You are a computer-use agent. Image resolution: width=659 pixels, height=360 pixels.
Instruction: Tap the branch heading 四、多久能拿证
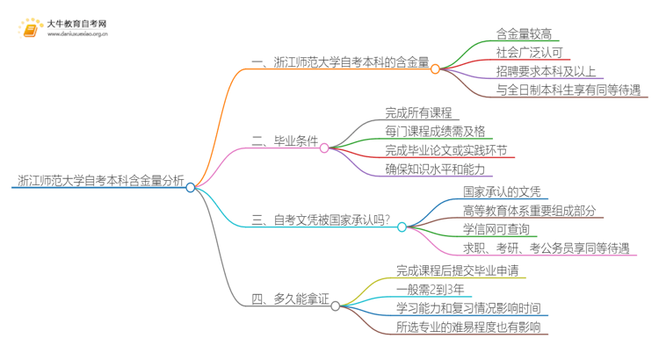(290, 299)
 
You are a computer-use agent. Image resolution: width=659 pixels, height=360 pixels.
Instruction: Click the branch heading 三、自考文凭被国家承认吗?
(321, 227)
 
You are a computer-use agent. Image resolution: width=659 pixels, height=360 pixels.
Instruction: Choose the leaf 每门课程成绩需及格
(434, 131)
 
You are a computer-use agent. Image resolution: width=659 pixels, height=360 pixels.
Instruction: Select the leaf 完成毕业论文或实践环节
(445, 149)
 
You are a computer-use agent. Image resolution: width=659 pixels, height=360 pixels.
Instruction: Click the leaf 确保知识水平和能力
(434, 168)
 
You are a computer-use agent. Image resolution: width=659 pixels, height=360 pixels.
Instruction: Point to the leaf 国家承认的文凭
(503, 191)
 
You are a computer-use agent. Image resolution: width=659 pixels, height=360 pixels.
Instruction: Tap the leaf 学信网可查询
(496, 229)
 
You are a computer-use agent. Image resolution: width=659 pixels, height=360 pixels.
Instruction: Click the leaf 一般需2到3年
(429, 290)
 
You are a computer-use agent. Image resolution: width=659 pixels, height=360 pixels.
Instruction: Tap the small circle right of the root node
(190, 187)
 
